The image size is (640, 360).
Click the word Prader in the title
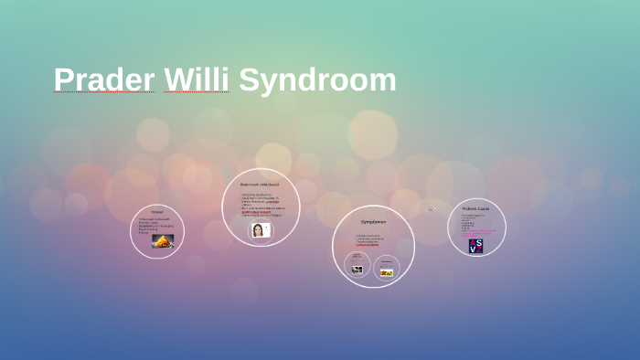pos(104,80)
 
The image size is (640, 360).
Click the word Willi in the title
pos(197,80)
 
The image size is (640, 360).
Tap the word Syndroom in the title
pos(317,80)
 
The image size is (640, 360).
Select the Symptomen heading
pos(373,222)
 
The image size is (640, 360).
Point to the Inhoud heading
pos(157,212)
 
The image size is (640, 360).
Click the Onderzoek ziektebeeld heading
pos(261,185)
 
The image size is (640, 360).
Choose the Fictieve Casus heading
pos(476,208)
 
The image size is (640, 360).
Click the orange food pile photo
pos(163,241)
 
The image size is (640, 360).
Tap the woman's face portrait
pos(259,230)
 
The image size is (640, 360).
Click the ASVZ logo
pos(475,246)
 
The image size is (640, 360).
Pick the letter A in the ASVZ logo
pos(472,242)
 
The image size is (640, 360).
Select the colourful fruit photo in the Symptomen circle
pos(387,271)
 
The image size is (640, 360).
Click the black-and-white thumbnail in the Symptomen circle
pos(357,269)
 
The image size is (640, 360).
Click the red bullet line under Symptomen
pos(368,245)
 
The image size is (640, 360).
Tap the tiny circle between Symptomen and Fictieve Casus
pos(434,209)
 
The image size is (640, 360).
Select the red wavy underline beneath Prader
pos(104,93)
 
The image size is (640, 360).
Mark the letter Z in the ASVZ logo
pos(480,249)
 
